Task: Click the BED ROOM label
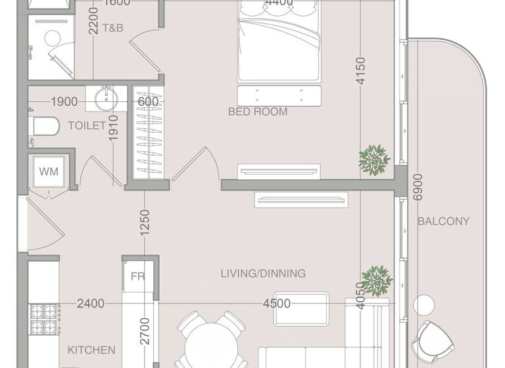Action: [x=258, y=112]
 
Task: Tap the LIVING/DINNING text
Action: [x=263, y=273]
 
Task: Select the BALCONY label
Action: [x=444, y=221]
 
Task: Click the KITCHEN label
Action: [x=91, y=350]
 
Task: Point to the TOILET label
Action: [x=86, y=126]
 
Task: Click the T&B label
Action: [x=112, y=28]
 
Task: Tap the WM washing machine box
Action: [x=49, y=172]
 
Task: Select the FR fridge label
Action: [x=137, y=277]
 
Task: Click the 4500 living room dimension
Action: [x=276, y=304]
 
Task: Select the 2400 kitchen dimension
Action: [x=90, y=304]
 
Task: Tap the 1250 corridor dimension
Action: [x=145, y=223]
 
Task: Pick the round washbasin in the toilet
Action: [x=106, y=99]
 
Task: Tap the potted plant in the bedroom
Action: [x=374, y=159]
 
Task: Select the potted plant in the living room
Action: [x=377, y=281]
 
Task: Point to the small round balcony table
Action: [x=425, y=304]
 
